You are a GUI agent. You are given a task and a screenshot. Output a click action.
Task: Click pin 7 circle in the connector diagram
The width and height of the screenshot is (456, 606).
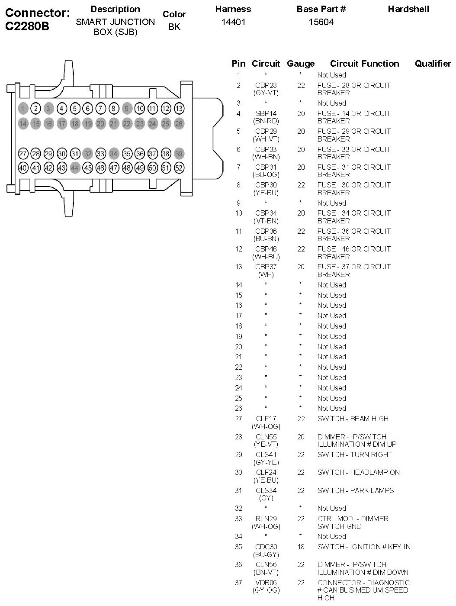point(100,108)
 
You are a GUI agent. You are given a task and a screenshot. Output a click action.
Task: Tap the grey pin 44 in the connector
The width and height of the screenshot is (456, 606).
point(75,168)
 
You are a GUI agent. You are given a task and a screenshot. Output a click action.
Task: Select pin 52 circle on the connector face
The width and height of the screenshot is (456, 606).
point(178,168)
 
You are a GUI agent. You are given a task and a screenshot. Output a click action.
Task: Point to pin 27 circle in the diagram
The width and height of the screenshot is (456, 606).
point(23,154)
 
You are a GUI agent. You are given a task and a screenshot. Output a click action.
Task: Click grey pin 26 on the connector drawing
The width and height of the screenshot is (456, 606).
point(178,124)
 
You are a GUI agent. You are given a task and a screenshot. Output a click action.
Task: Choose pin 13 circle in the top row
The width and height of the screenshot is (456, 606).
point(178,108)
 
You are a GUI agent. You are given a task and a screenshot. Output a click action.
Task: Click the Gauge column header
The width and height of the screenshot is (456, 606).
point(301,64)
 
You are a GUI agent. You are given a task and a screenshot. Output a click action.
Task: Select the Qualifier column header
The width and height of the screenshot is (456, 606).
point(433,64)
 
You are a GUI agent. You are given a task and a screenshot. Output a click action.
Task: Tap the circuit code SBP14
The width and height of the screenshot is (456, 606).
point(266,113)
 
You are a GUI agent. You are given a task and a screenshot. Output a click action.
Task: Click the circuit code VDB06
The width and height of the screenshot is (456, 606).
point(266,583)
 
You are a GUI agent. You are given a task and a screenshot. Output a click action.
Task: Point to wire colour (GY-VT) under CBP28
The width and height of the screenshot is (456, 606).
point(266,93)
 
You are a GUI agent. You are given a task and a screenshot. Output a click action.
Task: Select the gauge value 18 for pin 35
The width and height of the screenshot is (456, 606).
point(301,547)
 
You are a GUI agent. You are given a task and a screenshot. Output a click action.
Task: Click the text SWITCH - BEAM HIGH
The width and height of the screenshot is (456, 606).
point(353,419)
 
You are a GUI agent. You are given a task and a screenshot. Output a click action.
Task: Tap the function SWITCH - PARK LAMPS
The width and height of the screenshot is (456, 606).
point(355,490)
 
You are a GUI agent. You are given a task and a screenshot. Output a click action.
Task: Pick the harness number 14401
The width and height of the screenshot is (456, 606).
point(233,22)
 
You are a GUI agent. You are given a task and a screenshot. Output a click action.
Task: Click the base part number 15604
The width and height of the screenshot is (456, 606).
point(321,22)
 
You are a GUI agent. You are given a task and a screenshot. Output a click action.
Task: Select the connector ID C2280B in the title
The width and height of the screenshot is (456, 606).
point(27,26)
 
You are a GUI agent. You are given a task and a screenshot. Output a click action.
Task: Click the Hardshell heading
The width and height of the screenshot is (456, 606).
point(408,9)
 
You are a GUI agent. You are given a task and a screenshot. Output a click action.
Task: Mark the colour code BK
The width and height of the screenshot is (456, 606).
point(174,27)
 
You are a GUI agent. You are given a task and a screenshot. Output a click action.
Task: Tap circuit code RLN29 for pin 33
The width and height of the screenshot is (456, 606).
point(266,519)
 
